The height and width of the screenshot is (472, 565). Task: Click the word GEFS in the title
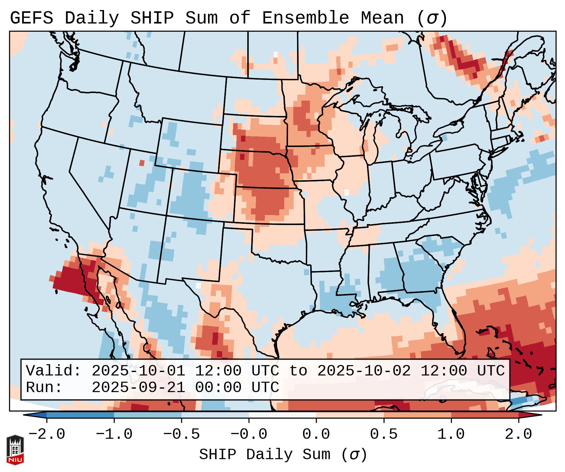(x=31, y=18)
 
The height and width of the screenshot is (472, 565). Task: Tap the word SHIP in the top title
(x=152, y=18)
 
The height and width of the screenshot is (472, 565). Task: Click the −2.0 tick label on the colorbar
(x=47, y=434)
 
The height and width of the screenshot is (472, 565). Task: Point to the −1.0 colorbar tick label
(x=114, y=434)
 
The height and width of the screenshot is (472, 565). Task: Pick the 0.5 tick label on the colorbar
(x=384, y=434)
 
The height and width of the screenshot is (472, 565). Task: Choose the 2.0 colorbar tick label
(x=518, y=434)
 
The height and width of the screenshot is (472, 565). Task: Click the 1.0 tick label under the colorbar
(x=451, y=434)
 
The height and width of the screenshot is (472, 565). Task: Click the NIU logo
(x=15, y=450)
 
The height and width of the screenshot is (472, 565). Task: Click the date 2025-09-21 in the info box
(x=139, y=388)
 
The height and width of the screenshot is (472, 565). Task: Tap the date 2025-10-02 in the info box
(x=364, y=371)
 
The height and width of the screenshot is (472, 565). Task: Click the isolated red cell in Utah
(x=142, y=163)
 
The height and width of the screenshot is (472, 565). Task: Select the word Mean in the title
(x=382, y=18)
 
